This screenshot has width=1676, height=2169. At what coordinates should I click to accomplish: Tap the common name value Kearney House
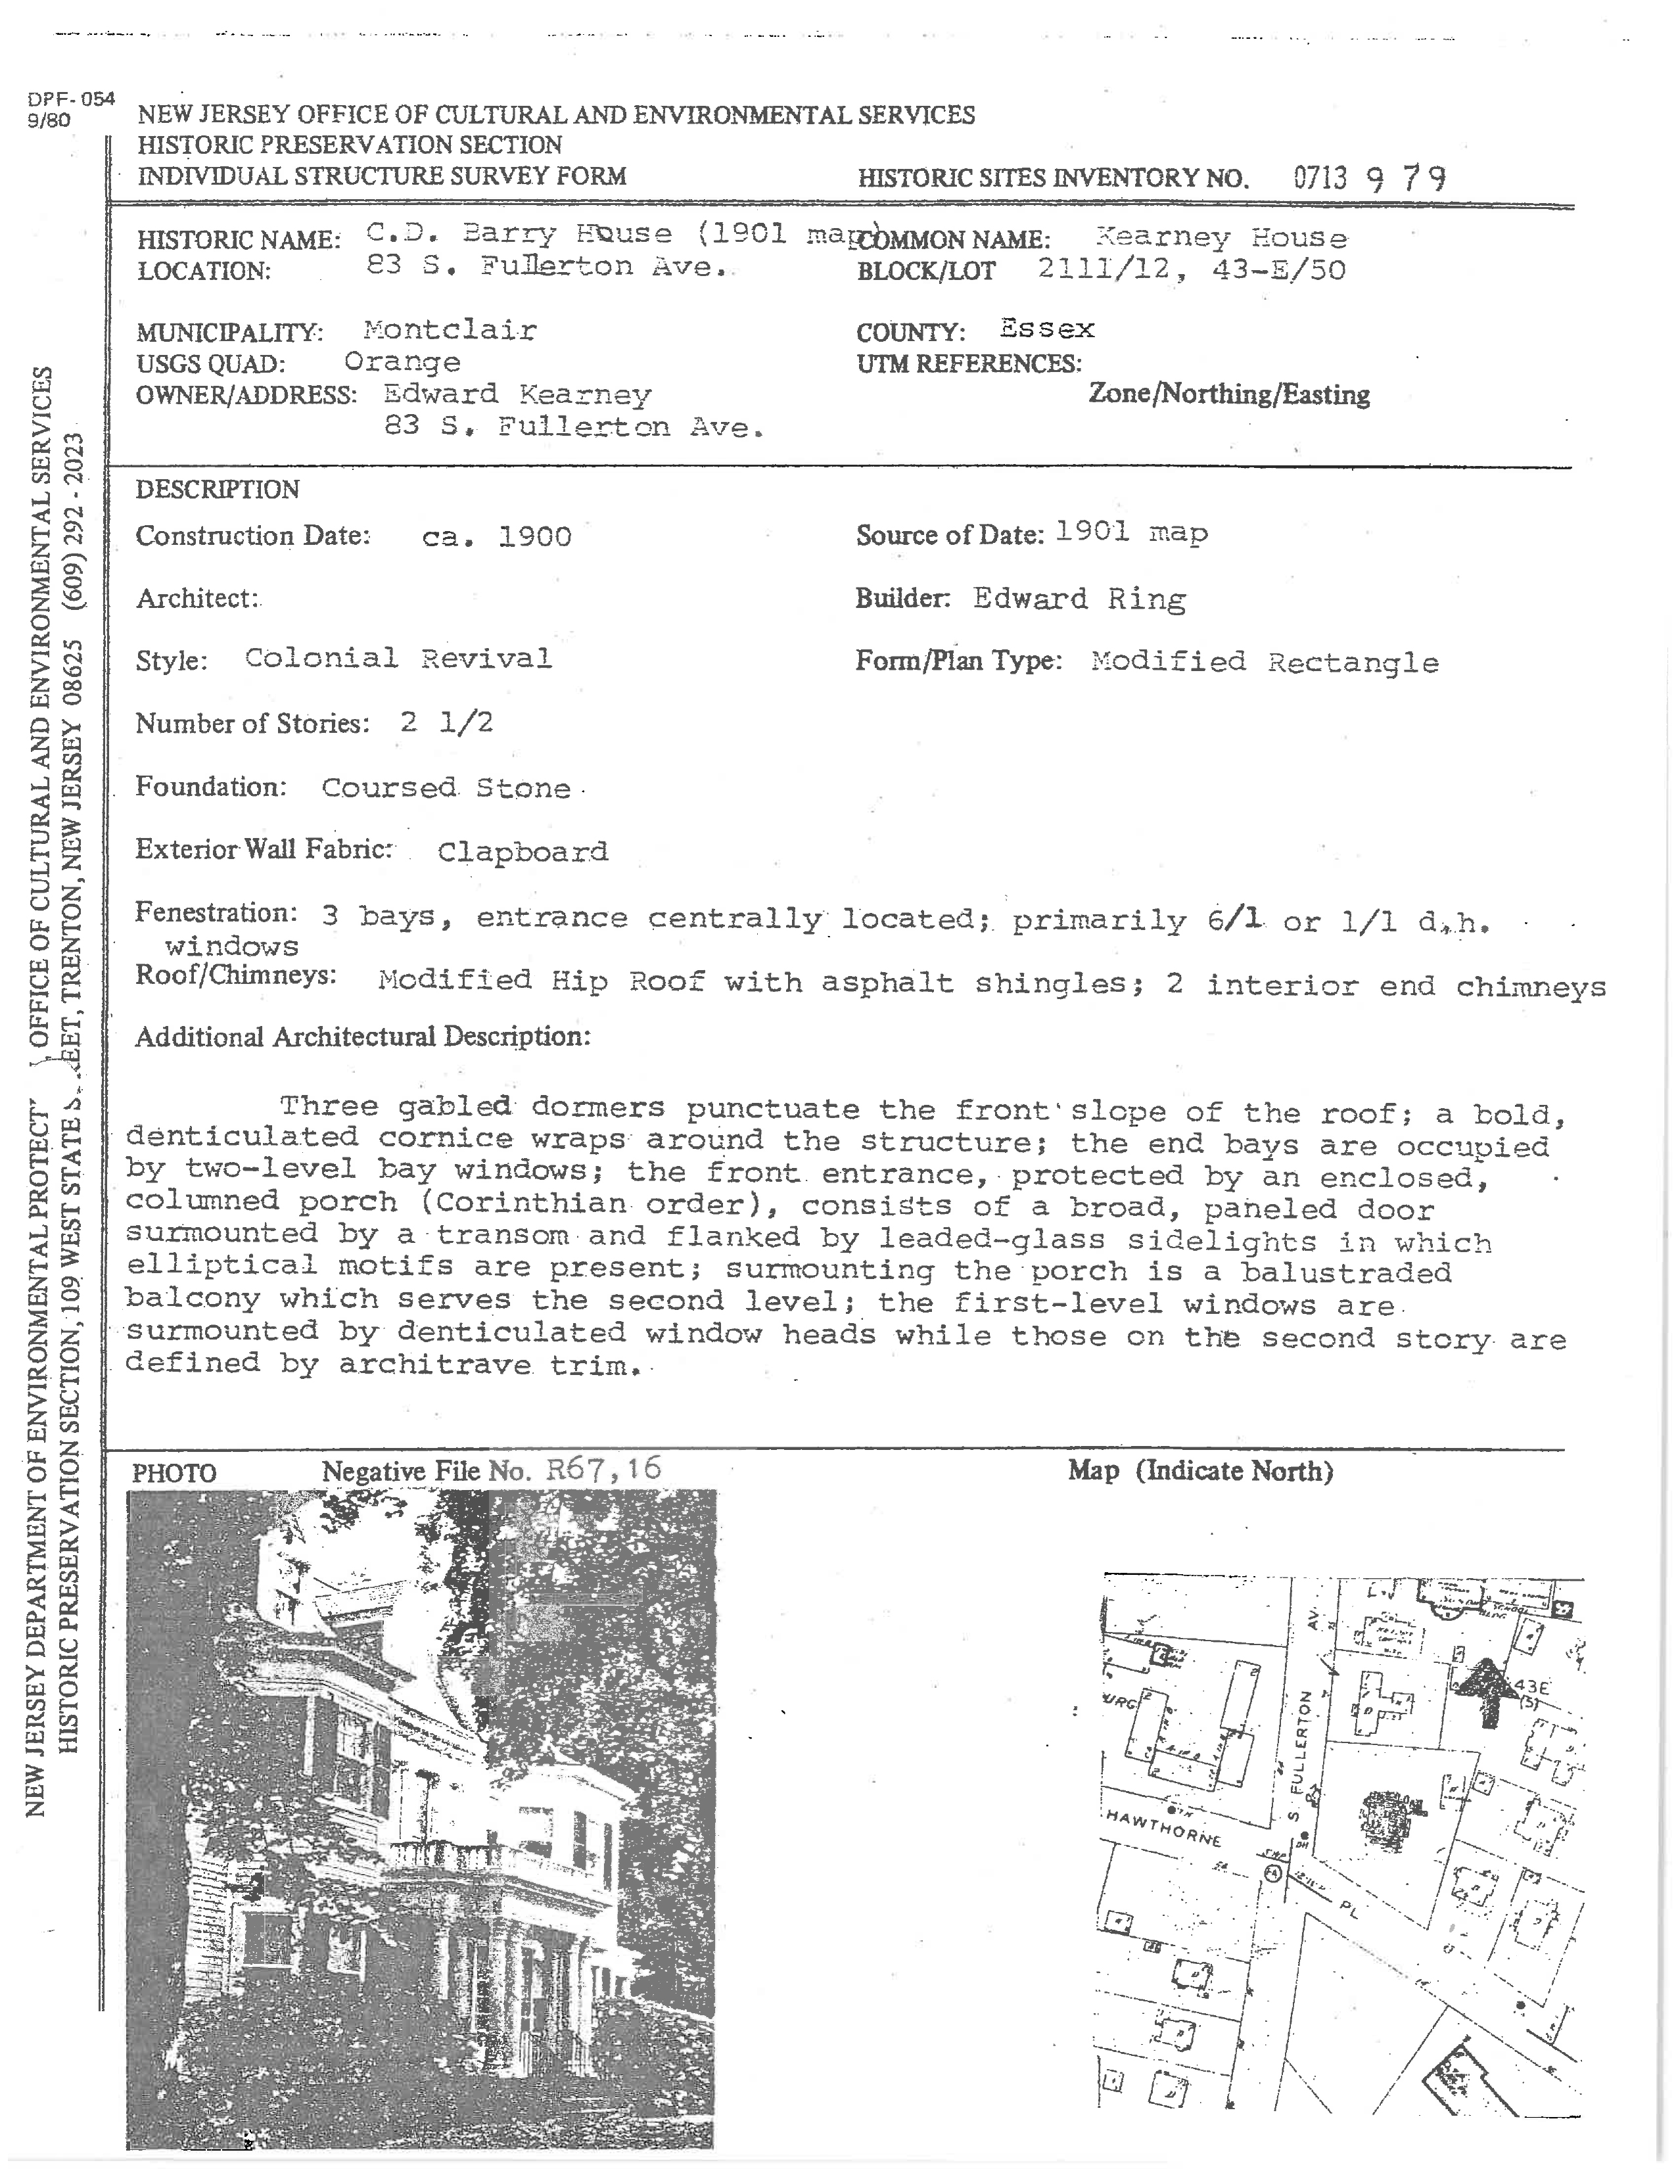[x=1221, y=239]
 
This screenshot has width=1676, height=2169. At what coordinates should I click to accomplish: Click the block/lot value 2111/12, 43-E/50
[x=1192, y=270]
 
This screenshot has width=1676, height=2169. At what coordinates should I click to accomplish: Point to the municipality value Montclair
[x=450, y=330]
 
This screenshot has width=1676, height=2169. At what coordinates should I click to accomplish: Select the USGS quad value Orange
[x=402, y=363]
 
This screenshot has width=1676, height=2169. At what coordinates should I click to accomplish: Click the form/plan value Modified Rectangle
[x=1264, y=663]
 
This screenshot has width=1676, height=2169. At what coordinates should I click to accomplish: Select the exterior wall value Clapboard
[x=523, y=852]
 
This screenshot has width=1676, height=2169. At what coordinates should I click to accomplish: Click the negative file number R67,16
[x=603, y=1470]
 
